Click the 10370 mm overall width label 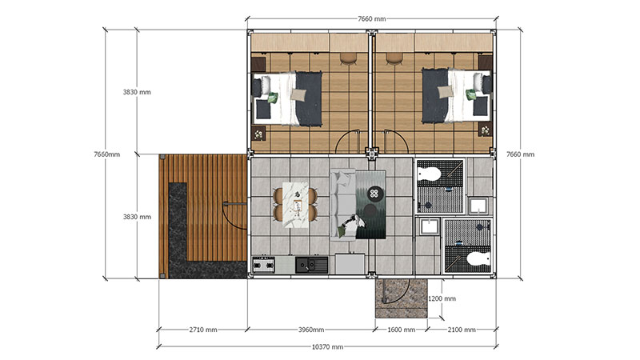[x=327, y=347]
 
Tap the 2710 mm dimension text [x=203, y=330]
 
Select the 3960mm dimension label [x=311, y=330]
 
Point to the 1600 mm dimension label [x=402, y=330]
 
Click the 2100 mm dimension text [x=462, y=330]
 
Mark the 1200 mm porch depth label [x=442, y=298]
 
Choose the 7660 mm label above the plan [x=371, y=18]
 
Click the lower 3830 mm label [x=137, y=217]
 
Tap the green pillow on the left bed [x=272, y=98]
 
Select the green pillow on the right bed [x=471, y=94]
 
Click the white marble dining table [x=295, y=205]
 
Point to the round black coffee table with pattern [x=375, y=194]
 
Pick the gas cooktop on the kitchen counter [x=264, y=266]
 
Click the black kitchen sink [x=311, y=265]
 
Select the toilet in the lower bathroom [x=478, y=258]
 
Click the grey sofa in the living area [x=343, y=205]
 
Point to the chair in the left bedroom [x=348, y=58]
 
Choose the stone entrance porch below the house [x=402, y=298]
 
